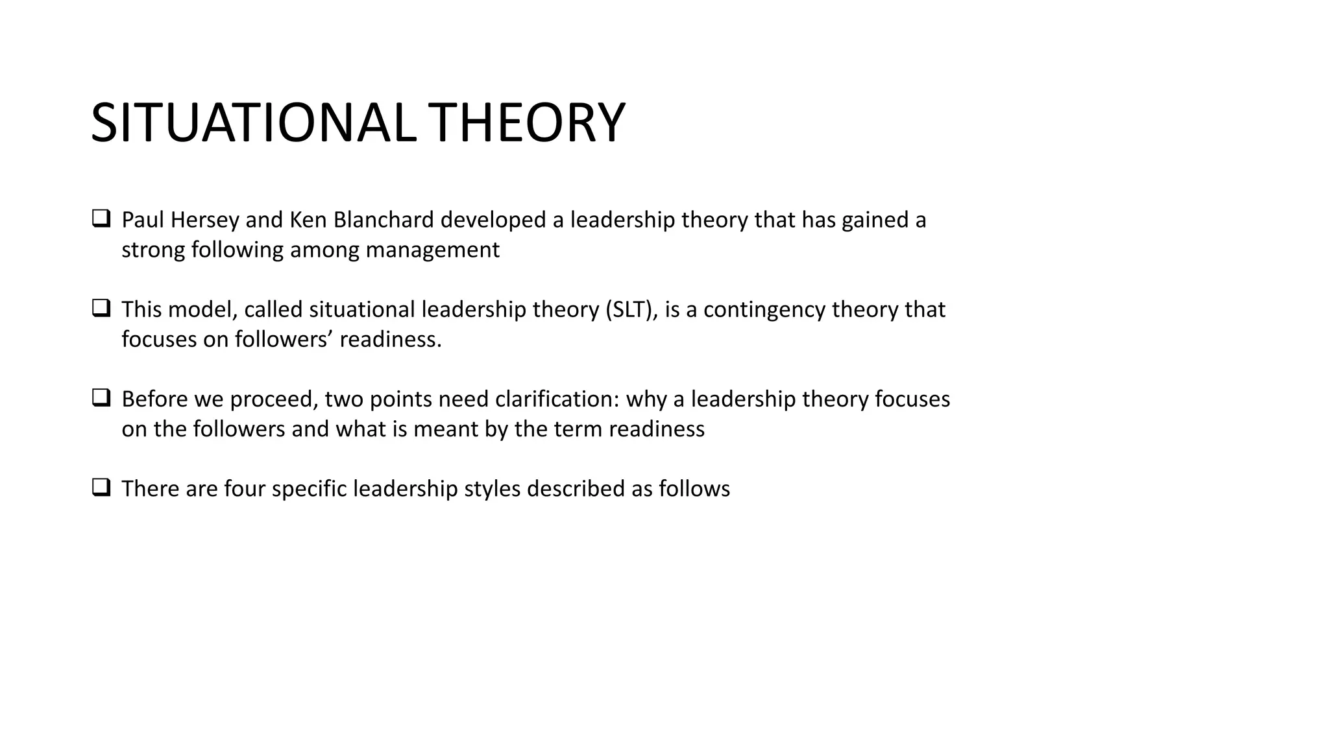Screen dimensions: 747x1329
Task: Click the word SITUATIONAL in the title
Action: click(252, 123)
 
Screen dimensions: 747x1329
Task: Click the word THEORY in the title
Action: click(526, 123)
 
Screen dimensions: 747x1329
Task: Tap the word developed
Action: click(493, 220)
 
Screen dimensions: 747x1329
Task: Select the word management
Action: click(432, 250)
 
